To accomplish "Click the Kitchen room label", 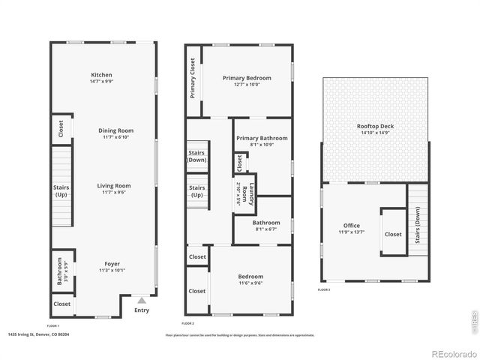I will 101,75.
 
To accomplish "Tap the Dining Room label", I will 115,130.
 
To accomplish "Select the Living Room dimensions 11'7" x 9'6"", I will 113,193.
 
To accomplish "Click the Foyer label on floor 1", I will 112,263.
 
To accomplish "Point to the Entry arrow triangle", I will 141,299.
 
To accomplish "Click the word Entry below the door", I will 141,310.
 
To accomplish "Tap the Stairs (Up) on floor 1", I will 61,190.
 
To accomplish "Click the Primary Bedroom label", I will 247,78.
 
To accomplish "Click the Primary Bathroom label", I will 262,138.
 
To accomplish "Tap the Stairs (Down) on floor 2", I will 196,156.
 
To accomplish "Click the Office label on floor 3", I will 351,226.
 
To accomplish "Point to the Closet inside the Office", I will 393,234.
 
